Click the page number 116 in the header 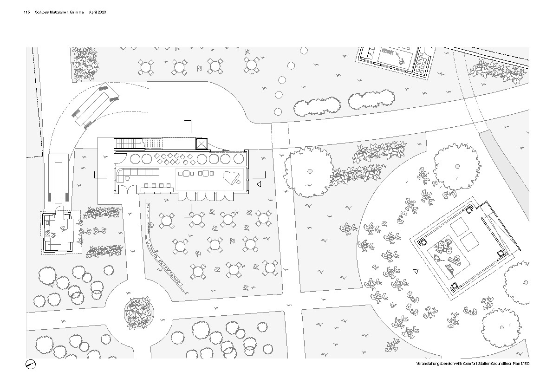coord(26,13)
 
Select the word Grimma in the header coord(76,13)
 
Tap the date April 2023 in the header coord(98,13)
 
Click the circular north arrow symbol coord(31,365)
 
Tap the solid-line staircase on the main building coord(127,143)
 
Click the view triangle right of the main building coord(259,185)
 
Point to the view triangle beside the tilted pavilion coord(416,271)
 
